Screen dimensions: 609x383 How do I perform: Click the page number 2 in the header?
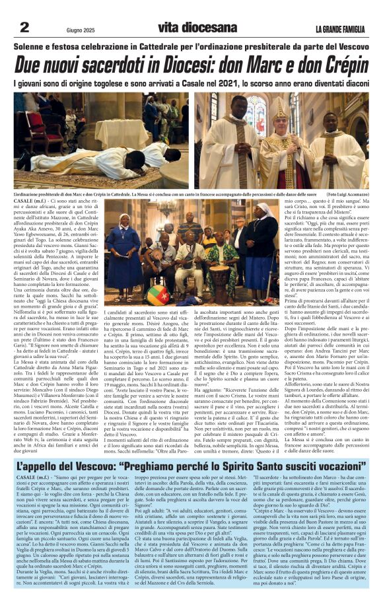tap(25, 27)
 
